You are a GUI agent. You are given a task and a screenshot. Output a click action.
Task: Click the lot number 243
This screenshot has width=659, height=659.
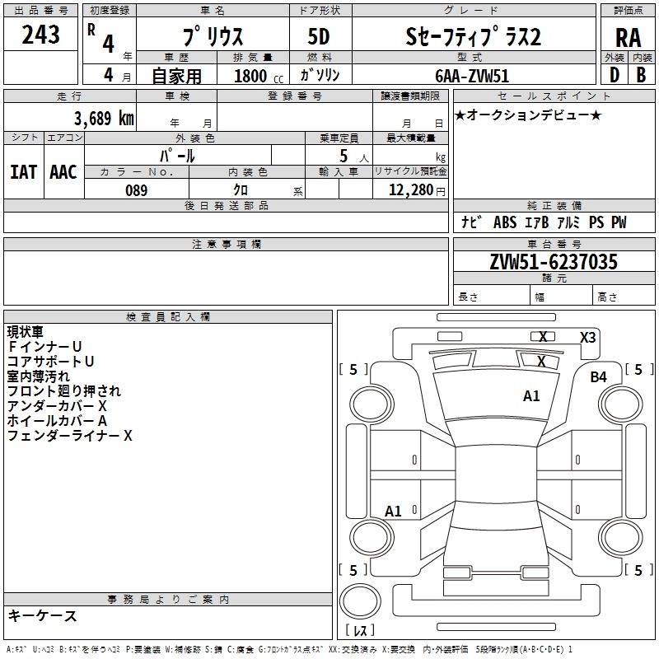click(x=41, y=35)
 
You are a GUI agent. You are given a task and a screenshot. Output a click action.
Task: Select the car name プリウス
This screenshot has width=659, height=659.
click(x=212, y=37)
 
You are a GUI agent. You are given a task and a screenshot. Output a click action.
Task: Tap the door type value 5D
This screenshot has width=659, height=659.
click(x=320, y=37)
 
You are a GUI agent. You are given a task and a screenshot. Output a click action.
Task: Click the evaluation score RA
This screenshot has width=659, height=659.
click(x=628, y=38)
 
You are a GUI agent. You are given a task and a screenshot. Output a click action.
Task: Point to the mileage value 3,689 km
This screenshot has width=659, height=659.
click(x=104, y=119)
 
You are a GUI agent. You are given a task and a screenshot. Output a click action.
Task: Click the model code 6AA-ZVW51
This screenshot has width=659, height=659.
click(x=472, y=76)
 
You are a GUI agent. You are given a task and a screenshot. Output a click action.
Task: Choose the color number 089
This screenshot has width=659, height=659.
click(x=136, y=190)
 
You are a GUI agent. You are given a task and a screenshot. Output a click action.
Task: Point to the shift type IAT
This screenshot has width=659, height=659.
click(x=23, y=172)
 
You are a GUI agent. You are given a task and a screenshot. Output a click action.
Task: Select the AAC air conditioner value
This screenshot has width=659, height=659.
click(x=63, y=172)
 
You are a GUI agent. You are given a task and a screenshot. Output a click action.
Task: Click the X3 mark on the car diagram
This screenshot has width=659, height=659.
click(x=588, y=337)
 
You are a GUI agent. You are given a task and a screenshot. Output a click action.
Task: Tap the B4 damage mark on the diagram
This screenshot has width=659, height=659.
click(x=598, y=377)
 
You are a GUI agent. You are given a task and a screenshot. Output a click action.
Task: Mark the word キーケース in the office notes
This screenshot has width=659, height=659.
click(x=42, y=616)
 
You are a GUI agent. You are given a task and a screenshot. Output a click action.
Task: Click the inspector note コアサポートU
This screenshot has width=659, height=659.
click(x=51, y=362)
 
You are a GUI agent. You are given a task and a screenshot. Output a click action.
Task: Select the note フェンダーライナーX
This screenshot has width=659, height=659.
click(x=70, y=436)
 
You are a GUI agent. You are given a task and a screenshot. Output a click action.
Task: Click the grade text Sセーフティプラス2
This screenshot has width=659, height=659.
click(x=473, y=37)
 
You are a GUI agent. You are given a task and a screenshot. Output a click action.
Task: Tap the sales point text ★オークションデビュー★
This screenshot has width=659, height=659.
click(x=528, y=115)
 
